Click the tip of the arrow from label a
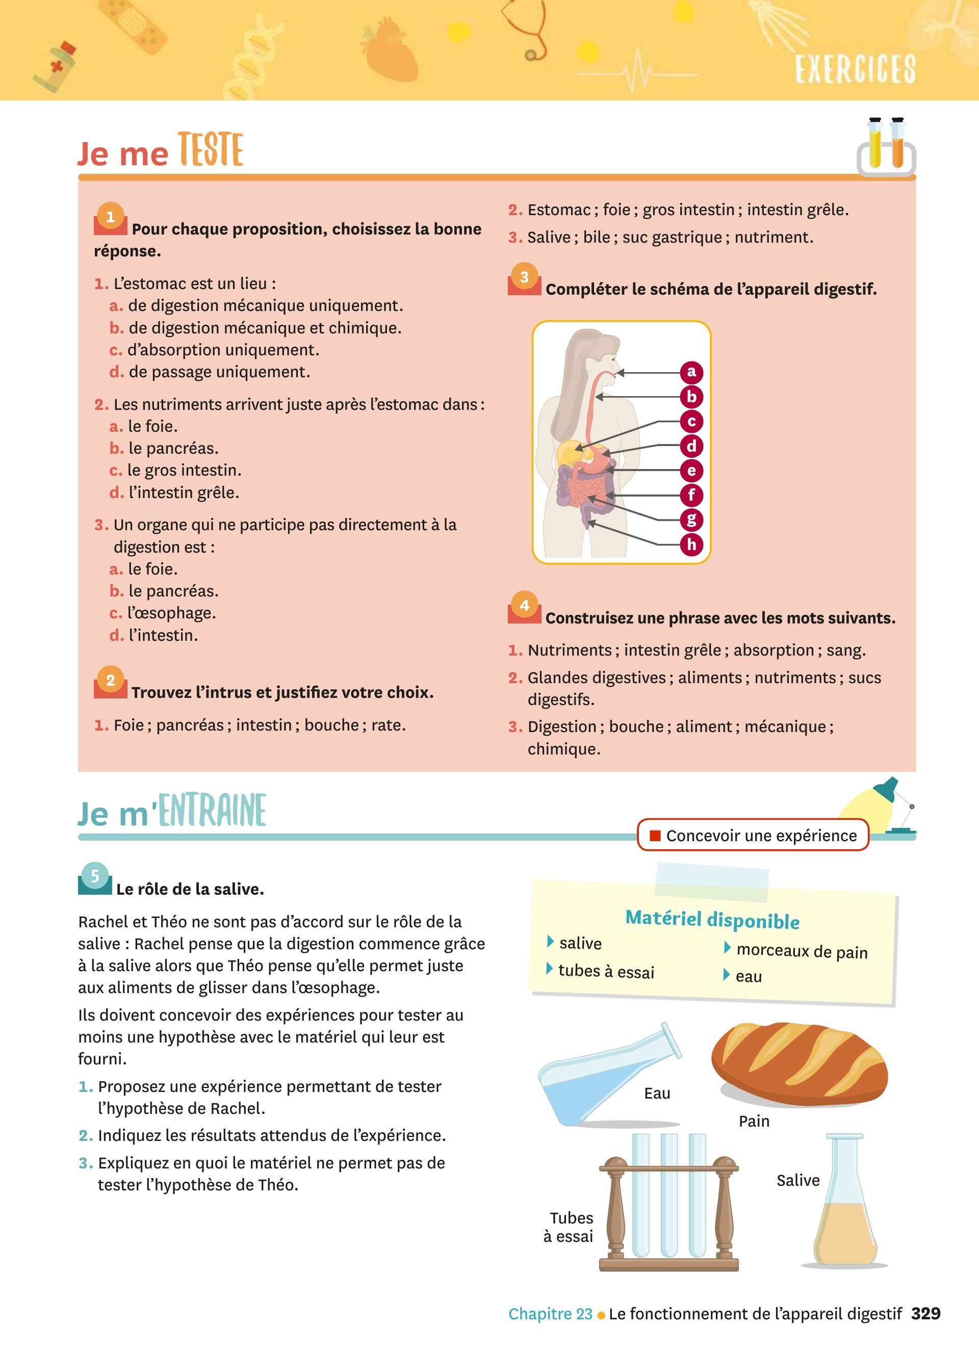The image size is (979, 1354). (616, 373)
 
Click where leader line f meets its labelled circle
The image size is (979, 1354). (681, 496)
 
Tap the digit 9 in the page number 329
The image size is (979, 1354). (935, 1313)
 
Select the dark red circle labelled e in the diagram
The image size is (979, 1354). (692, 471)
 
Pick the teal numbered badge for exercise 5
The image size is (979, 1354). (94, 876)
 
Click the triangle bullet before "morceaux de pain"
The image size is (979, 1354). (727, 947)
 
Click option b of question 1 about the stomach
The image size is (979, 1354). (255, 328)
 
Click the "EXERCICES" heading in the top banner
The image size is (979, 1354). (855, 69)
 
